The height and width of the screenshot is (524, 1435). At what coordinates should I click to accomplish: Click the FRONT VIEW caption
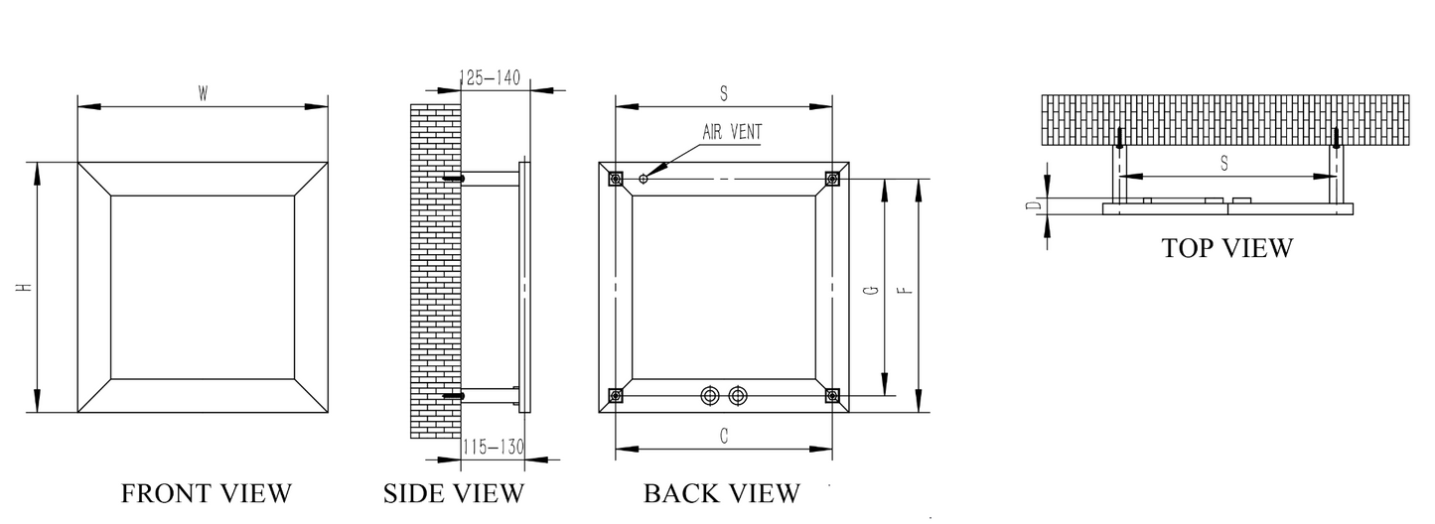point(206,493)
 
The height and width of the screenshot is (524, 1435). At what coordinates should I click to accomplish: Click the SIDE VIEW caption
point(453,493)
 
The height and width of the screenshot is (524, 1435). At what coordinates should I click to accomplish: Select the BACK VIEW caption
point(721,493)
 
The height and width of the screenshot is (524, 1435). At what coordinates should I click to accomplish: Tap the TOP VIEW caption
point(1227,248)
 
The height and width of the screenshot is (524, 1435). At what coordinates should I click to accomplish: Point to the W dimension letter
point(203,94)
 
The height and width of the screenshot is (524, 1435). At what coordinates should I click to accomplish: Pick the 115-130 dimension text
point(493,448)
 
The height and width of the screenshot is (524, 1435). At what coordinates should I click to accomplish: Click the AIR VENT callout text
point(734,132)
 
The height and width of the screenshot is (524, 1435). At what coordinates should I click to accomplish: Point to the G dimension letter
point(870,290)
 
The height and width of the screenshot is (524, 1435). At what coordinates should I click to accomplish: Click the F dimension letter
point(904,290)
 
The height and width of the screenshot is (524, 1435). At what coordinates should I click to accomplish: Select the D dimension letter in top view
point(1033,205)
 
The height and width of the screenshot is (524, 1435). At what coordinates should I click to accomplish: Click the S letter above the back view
point(724,93)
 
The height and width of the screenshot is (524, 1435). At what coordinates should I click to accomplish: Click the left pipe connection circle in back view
point(709,395)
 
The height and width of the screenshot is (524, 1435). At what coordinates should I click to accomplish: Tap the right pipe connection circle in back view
point(736,395)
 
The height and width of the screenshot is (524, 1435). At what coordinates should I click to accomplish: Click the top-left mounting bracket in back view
point(616,179)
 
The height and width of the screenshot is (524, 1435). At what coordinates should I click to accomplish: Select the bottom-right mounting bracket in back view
point(832,396)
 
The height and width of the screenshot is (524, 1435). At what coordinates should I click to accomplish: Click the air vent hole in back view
point(644,179)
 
